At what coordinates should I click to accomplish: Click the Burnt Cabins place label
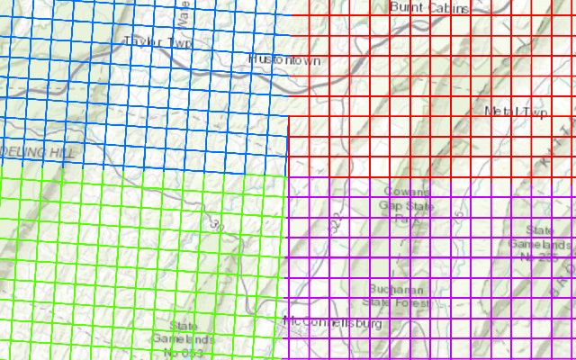(x=429, y=8)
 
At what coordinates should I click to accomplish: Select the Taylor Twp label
(x=158, y=41)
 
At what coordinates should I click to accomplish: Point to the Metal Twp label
(x=516, y=112)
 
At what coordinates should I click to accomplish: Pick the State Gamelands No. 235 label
(x=539, y=244)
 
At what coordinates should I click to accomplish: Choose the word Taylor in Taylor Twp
(x=144, y=41)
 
